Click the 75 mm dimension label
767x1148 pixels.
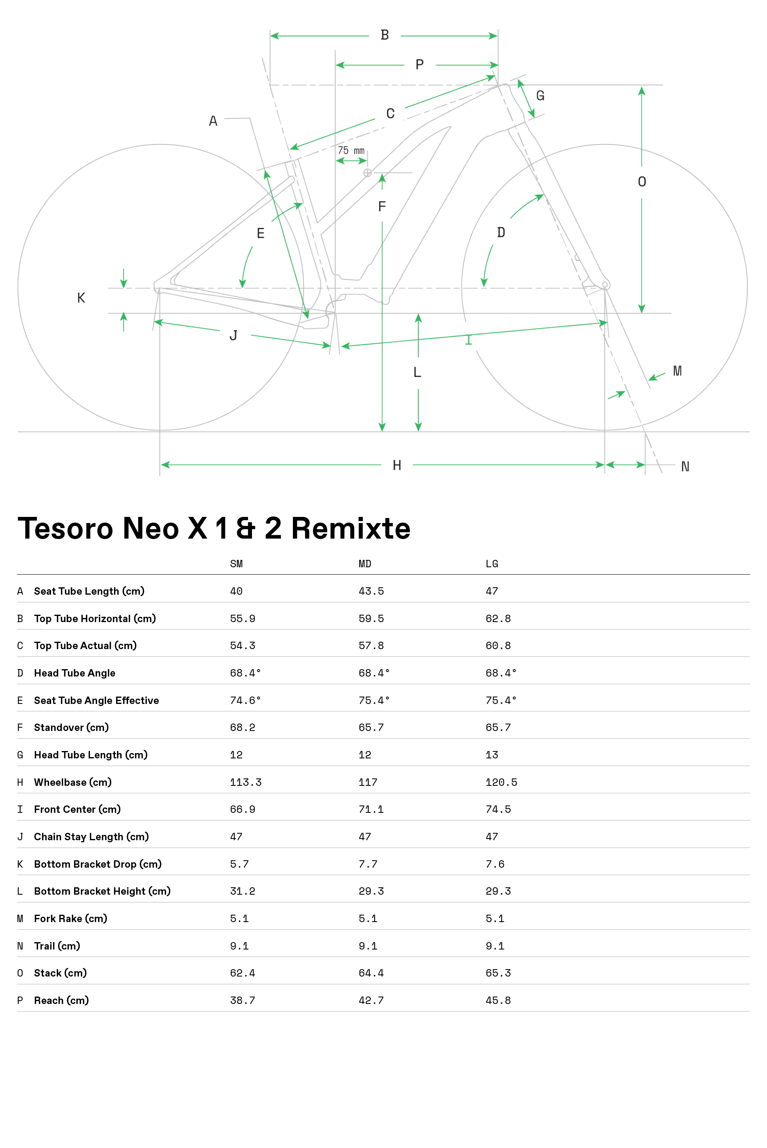[x=351, y=151]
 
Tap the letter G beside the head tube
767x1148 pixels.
[x=540, y=95]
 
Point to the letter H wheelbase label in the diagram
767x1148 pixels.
[x=397, y=465]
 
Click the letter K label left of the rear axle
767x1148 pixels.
[x=81, y=298]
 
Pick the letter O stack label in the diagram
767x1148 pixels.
[x=642, y=182]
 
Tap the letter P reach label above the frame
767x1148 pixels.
[x=419, y=65]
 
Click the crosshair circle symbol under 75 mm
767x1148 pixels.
[x=367, y=173]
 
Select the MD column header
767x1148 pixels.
[x=365, y=564]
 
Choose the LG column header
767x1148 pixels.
[x=492, y=564]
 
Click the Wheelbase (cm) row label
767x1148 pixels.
[x=73, y=782]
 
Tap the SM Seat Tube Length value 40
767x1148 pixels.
[x=236, y=591]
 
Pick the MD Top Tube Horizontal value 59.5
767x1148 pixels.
[x=371, y=618]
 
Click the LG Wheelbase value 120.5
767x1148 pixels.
[x=502, y=782]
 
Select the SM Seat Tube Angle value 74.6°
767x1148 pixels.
[x=245, y=700]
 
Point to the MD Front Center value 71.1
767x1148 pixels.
[x=371, y=810]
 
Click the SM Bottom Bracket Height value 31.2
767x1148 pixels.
[x=243, y=891]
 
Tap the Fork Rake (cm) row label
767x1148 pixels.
[x=70, y=918]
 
